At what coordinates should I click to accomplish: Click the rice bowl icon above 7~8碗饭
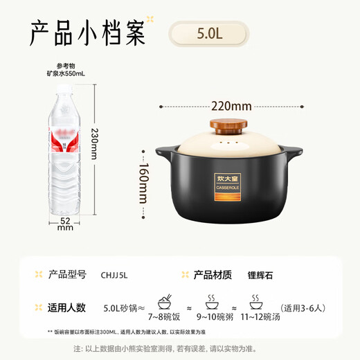pos(165,303)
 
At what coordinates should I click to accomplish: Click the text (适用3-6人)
pos(302,308)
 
